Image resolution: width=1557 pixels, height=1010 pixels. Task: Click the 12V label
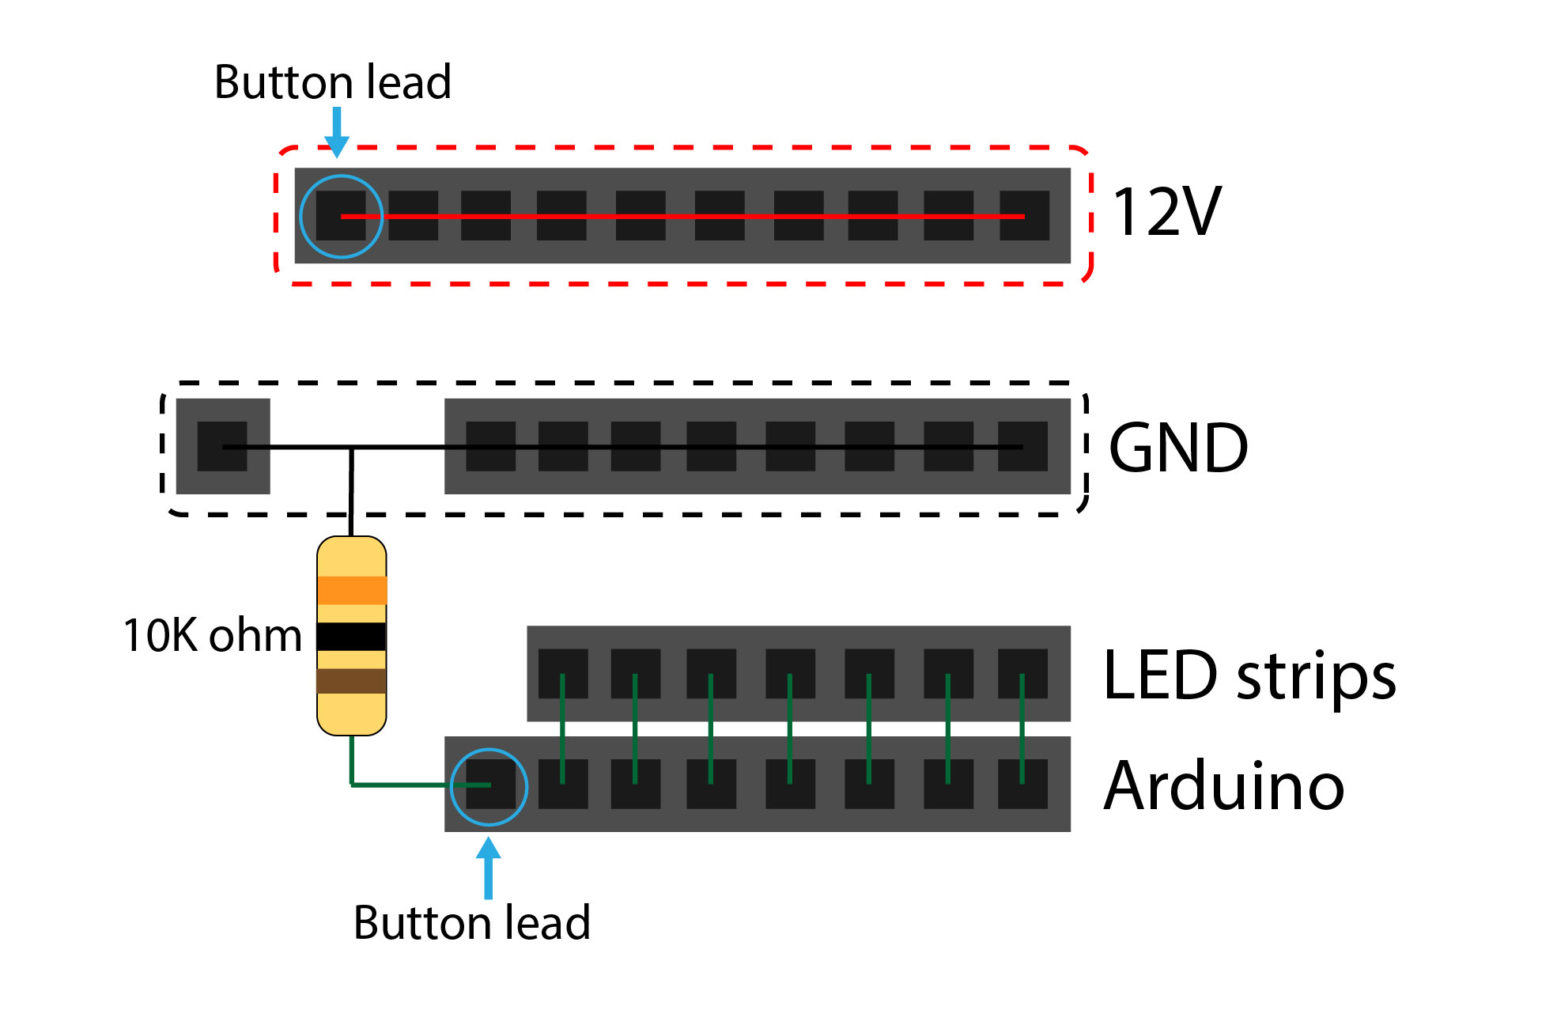(1166, 212)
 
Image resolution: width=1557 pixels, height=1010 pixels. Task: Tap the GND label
(1177, 448)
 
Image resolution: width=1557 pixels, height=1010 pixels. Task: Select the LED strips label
(1249, 675)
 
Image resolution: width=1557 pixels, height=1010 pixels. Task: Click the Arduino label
(1223, 786)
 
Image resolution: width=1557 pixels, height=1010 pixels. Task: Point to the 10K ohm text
(213, 635)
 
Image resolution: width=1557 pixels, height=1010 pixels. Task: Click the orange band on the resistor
(352, 590)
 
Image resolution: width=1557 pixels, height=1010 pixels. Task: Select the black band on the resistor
(352, 637)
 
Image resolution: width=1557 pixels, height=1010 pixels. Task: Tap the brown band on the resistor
(352, 681)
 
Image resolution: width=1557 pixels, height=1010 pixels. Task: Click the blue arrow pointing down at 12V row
(337, 133)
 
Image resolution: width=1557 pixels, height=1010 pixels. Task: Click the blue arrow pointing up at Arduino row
(489, 868)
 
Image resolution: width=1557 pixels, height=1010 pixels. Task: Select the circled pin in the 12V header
(341, 216)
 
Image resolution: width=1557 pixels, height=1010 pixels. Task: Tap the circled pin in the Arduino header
(489, 785)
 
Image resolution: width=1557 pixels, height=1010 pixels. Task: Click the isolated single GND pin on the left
(222, 447)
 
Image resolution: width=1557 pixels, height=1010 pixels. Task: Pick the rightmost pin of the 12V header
(1024, 216)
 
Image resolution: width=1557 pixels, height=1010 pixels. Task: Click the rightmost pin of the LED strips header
(1022, 674)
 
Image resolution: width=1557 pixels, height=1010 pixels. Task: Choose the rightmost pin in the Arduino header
(1022, 784)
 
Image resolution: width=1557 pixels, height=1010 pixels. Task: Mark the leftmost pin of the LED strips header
(563, 674)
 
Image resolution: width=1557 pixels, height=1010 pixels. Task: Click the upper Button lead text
(332, 82)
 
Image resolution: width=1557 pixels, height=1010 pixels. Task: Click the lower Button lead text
(472, 923)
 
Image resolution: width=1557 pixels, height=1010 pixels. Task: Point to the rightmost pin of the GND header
(1022, 447)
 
